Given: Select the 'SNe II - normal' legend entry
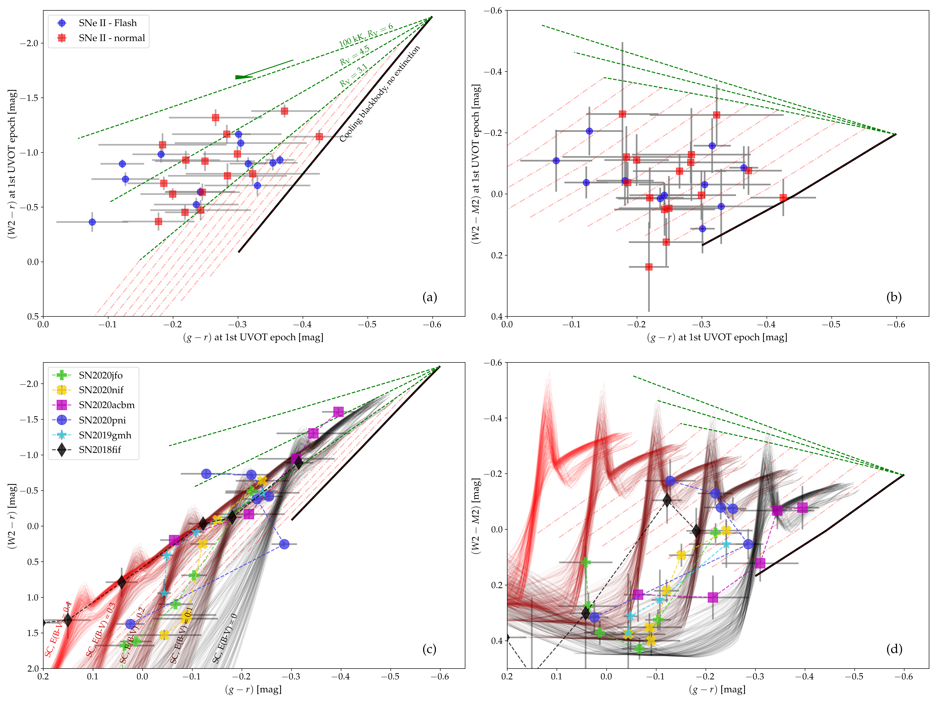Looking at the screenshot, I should (111, 38).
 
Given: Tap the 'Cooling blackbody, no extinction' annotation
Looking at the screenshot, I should (380, 93).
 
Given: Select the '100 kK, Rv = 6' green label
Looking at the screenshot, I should (366, 36).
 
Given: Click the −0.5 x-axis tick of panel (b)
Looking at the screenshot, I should (831, 324).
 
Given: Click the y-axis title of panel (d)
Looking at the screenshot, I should (476, 515).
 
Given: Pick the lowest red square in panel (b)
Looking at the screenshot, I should (649, 267).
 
